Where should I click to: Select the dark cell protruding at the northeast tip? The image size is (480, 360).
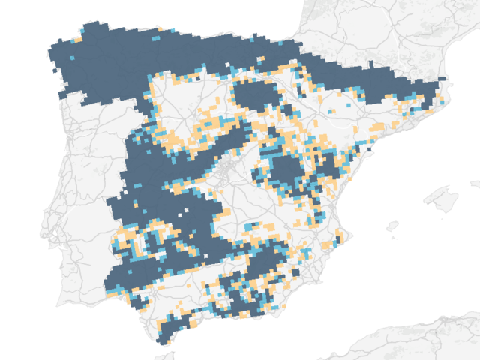click(442, 79)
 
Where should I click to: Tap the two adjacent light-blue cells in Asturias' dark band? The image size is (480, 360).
click(155, 38)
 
